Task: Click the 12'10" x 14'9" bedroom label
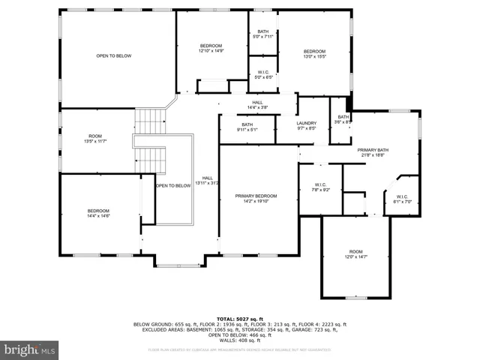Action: coord(211,48)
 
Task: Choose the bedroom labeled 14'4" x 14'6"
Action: coord(98,213)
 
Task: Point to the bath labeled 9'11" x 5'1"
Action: coord(247,127)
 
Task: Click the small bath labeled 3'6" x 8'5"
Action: coord(343,118)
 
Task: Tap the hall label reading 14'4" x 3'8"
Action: coord(257,105)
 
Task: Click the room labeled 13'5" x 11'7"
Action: coord(94,138)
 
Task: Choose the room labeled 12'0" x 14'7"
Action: coord(355,254)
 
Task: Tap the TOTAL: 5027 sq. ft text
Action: coord(239,319)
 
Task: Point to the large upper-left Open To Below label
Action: coord(114,56)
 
